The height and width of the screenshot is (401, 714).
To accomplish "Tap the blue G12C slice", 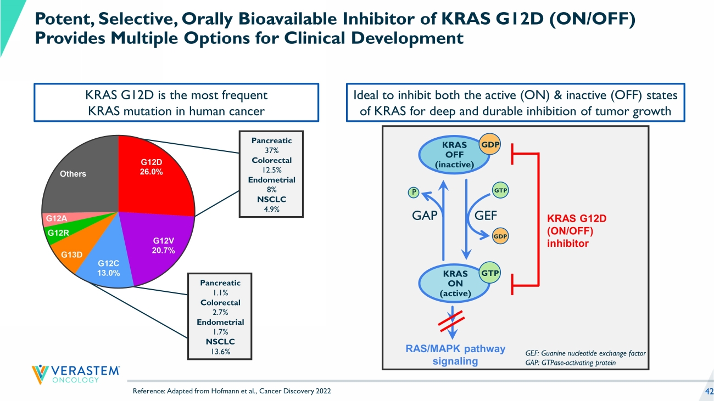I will (107, 266).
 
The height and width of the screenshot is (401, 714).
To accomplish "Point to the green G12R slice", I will (58, 233).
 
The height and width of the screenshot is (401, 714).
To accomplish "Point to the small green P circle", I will (413, 192).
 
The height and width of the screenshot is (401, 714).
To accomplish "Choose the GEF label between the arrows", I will (486, 216).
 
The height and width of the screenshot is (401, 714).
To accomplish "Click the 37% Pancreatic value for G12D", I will (271, 150).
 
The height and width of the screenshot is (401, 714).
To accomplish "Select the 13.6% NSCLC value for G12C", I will (220, 352).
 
